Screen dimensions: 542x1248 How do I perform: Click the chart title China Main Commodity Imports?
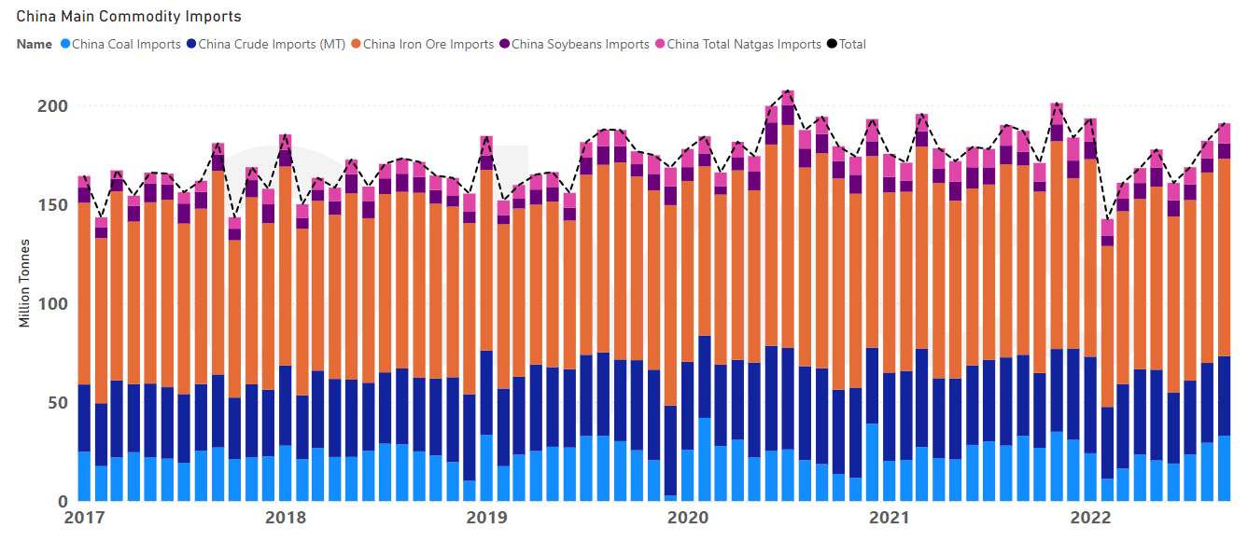coord(129,16)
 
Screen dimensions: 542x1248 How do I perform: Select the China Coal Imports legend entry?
coord(125,44)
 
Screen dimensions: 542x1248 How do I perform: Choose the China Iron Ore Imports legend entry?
coord(428,44)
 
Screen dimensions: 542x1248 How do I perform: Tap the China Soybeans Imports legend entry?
coord(580,44)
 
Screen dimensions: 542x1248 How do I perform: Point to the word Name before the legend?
coord(34,44)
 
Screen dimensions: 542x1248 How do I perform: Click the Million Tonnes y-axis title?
coord(25,283)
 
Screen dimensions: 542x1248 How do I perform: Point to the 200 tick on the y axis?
coord(52,106)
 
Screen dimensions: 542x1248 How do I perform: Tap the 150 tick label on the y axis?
coord(52,205)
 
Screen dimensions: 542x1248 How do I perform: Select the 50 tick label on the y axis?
coord(57,403)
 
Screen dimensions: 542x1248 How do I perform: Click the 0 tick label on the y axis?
coord(62,501)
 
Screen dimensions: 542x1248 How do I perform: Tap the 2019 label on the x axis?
coord(485,518)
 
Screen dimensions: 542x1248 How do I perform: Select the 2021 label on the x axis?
coord(890,518)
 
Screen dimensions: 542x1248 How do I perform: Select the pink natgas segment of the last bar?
coord(1224,133)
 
